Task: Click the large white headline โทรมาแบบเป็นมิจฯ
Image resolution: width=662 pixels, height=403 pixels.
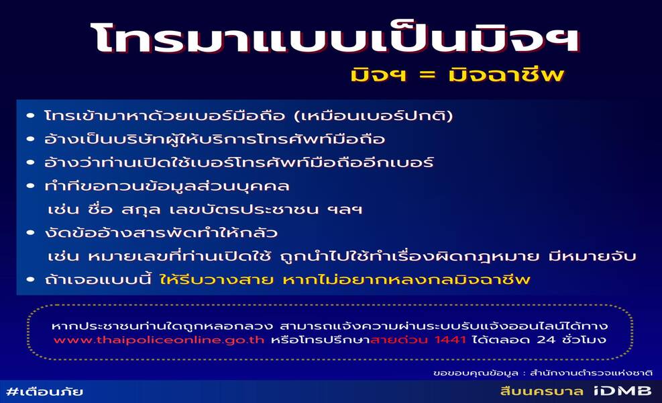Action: [335, 39]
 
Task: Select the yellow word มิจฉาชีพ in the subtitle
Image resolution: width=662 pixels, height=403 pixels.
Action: [506, 75]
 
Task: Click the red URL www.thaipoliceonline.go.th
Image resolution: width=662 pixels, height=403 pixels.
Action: [159, 340]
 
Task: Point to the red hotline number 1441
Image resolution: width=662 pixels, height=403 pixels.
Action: [451, 340]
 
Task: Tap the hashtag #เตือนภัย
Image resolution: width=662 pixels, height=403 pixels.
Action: [45, 392]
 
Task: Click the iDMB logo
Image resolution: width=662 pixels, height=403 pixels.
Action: [622, 391]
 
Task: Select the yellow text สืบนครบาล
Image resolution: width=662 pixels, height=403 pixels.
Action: [542, 391]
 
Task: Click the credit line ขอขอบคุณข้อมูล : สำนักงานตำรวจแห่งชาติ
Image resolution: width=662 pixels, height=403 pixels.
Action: [543, 373]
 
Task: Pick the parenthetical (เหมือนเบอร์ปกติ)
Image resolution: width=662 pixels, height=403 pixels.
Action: [374, 116]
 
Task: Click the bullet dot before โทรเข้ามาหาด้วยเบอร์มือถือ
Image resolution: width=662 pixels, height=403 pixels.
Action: [30, 116]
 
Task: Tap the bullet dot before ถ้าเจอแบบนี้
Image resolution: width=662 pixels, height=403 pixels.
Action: [30, 279]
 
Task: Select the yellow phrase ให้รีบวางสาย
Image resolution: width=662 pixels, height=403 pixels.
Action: [217, 279]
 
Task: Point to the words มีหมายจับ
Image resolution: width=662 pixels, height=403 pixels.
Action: [592, 257]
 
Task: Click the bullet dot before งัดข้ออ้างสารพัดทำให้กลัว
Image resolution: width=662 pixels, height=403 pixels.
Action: [30, 232]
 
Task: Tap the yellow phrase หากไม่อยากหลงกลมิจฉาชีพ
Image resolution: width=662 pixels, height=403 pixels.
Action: [406, 279]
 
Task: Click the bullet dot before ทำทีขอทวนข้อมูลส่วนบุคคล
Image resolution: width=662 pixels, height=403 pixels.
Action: [30, 186]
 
